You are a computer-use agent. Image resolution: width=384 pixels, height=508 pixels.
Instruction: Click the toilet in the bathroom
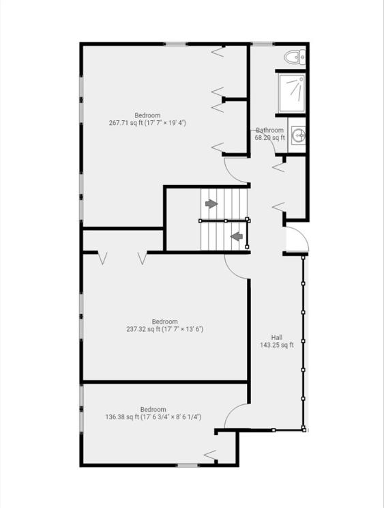tap(295, 57)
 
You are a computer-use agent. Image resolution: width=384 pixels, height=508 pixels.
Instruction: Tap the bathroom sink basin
tap(297, 135)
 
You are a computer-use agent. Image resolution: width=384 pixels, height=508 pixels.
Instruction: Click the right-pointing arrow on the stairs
tap(211, 203)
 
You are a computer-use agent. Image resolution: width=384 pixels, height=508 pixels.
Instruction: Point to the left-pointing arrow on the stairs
tap(237, 236)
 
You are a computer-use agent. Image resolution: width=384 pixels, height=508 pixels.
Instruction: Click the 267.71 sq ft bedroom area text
tap(147, 123)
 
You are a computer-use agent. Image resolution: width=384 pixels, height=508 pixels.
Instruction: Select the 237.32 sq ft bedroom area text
tap(164, 330)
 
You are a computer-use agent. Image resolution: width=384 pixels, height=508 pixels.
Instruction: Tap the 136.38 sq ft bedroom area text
tap(153, 417)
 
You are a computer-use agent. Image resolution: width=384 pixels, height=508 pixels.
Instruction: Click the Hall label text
tap(277, 337)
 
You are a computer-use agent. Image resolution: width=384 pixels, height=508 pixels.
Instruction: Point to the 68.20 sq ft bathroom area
tap(270, 138)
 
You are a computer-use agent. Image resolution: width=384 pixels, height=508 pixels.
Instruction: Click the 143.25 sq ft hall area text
tap(277, 345)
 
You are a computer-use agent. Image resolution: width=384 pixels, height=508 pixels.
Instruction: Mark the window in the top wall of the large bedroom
tap(176, 44)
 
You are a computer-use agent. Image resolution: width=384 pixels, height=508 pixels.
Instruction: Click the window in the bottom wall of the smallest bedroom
tap(188, 465)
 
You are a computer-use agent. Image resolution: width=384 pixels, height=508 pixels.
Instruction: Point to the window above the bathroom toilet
tap(263, 44)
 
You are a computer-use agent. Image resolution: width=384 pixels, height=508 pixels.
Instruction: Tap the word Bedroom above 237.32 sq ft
tap(164, 322)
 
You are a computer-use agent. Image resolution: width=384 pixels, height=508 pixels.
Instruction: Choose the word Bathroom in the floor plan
tap(270, 130)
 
